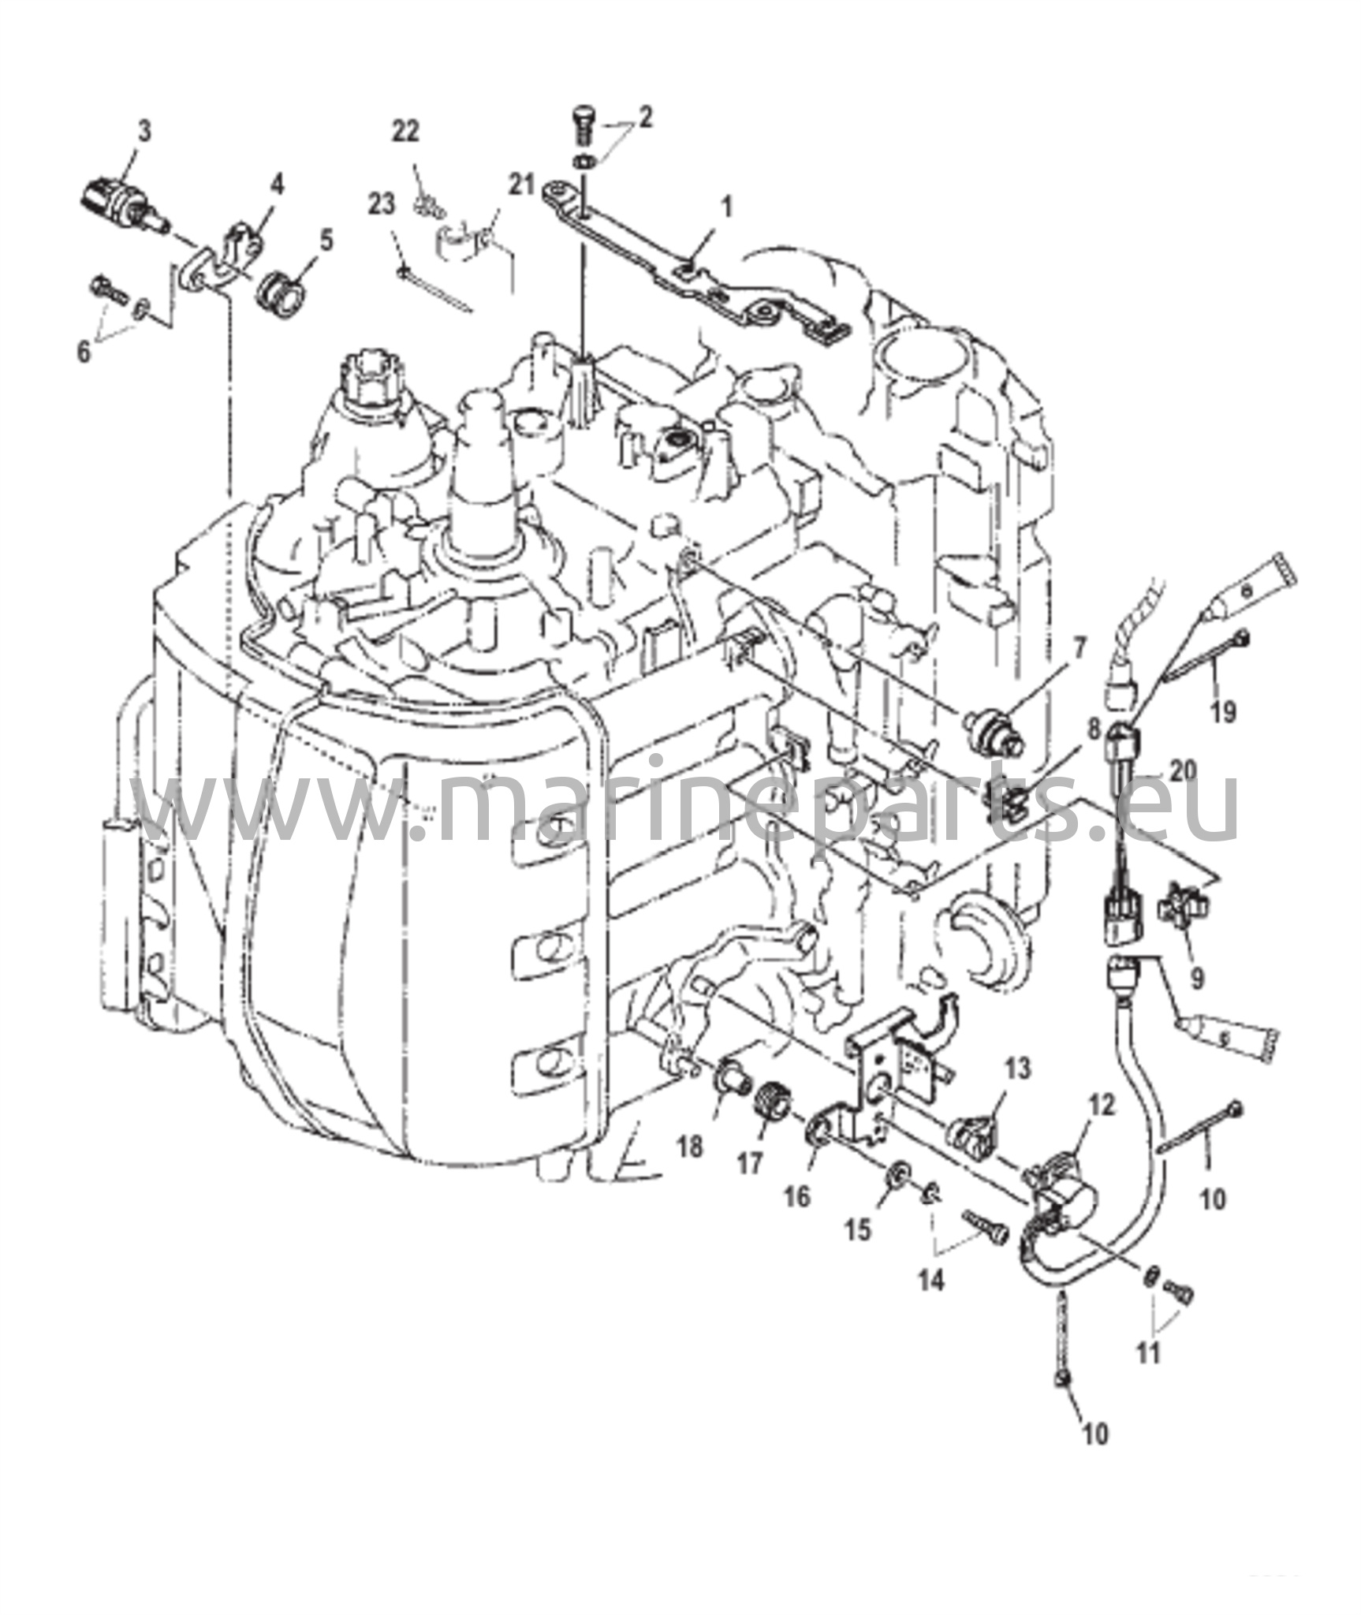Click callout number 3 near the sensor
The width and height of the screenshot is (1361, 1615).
click(144, 132)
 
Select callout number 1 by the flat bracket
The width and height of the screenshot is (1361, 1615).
click(727, 208)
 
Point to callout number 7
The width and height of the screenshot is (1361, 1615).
click(1078, 649)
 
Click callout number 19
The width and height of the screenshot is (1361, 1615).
click(1224, 712)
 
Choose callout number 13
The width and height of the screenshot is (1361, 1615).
click(1018, 1070)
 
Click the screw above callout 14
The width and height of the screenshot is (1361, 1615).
click(985, 1229)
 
